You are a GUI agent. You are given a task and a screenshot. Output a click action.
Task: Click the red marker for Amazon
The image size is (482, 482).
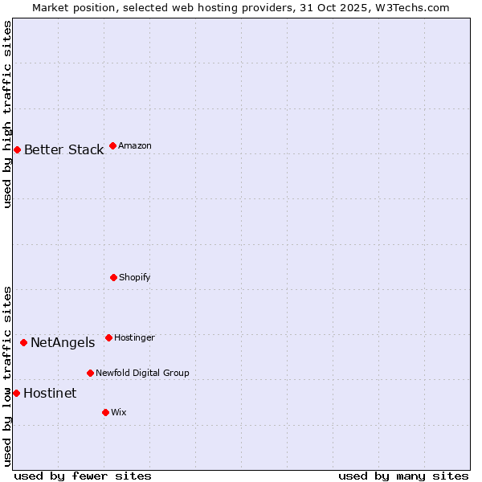pyautogui.click(x=112, y=145)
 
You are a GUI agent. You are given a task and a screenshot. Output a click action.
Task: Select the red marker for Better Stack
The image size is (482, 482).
pyautogui.click(x=17, y=149)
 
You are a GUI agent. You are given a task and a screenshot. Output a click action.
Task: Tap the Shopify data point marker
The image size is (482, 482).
pyautogui.click(x=113, y=277)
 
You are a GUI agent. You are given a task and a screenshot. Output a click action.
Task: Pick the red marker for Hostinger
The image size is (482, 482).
pyautogui.click(x=108, y=337)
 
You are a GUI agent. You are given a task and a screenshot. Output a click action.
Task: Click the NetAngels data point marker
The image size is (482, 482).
pyautogui.click(x=23, y=342)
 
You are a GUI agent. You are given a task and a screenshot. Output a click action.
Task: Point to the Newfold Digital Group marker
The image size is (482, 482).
pyautogui.click(x=90, y=373)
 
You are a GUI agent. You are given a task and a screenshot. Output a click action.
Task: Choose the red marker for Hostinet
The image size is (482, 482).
pyautogui.click(x=16, y=393)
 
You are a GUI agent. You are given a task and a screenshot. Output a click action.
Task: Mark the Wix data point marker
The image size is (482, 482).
pyautogui.click(x=105, y=412)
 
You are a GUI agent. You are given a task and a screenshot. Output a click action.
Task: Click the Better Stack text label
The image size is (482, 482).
pyautogui.click(x=63, y=150)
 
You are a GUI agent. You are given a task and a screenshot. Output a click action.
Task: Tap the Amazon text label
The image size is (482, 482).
pyautogui.click(x=135, y=146)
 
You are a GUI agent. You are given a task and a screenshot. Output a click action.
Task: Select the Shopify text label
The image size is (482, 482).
pyautogui.click(x=135, y=278)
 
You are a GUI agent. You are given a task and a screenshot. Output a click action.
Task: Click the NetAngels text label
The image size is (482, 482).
pyautogui.click(x=63, y=343)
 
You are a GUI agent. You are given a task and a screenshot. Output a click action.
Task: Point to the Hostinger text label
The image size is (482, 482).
pyautogui.click(x=134, y=338)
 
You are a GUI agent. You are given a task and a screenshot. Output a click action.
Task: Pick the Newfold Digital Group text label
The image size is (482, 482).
pyautogui.click(x=142, y=374)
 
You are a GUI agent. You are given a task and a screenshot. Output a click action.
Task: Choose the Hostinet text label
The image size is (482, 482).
pyautogui.click(x=50, y=394)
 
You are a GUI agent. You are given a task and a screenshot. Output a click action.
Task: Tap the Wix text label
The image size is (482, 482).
pyautogui.click(x=119, y=413)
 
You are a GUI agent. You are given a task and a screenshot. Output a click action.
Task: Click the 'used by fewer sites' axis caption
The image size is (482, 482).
pyautogui.click(x=83, y=476)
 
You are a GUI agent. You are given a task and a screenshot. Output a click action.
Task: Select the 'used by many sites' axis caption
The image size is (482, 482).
pyautogui.click(x=403, y=476)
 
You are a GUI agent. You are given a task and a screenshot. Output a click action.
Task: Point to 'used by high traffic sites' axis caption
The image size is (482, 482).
pyautogui.click(x=7, y=114)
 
